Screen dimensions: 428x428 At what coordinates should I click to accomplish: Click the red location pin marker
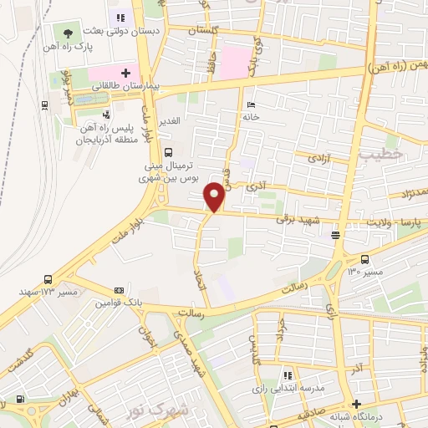pyautogui.click(x=215, y=196)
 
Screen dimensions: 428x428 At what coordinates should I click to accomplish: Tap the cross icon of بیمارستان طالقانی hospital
pyautogui.click(x=126, y=73)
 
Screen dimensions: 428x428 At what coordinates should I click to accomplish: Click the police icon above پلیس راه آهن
pyautogui.click(x=105, y=115)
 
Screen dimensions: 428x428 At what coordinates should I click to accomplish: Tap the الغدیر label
pyautogui.click(x=171, y=121)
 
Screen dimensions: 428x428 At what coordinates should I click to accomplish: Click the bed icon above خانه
pyautogui.click(x=250, y=104)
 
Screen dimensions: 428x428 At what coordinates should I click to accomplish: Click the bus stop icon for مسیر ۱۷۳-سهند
pyautogui.click(x=47, y=279)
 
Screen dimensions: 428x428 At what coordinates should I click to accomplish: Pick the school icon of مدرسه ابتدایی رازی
pyautogui.click(x=288, y=376)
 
